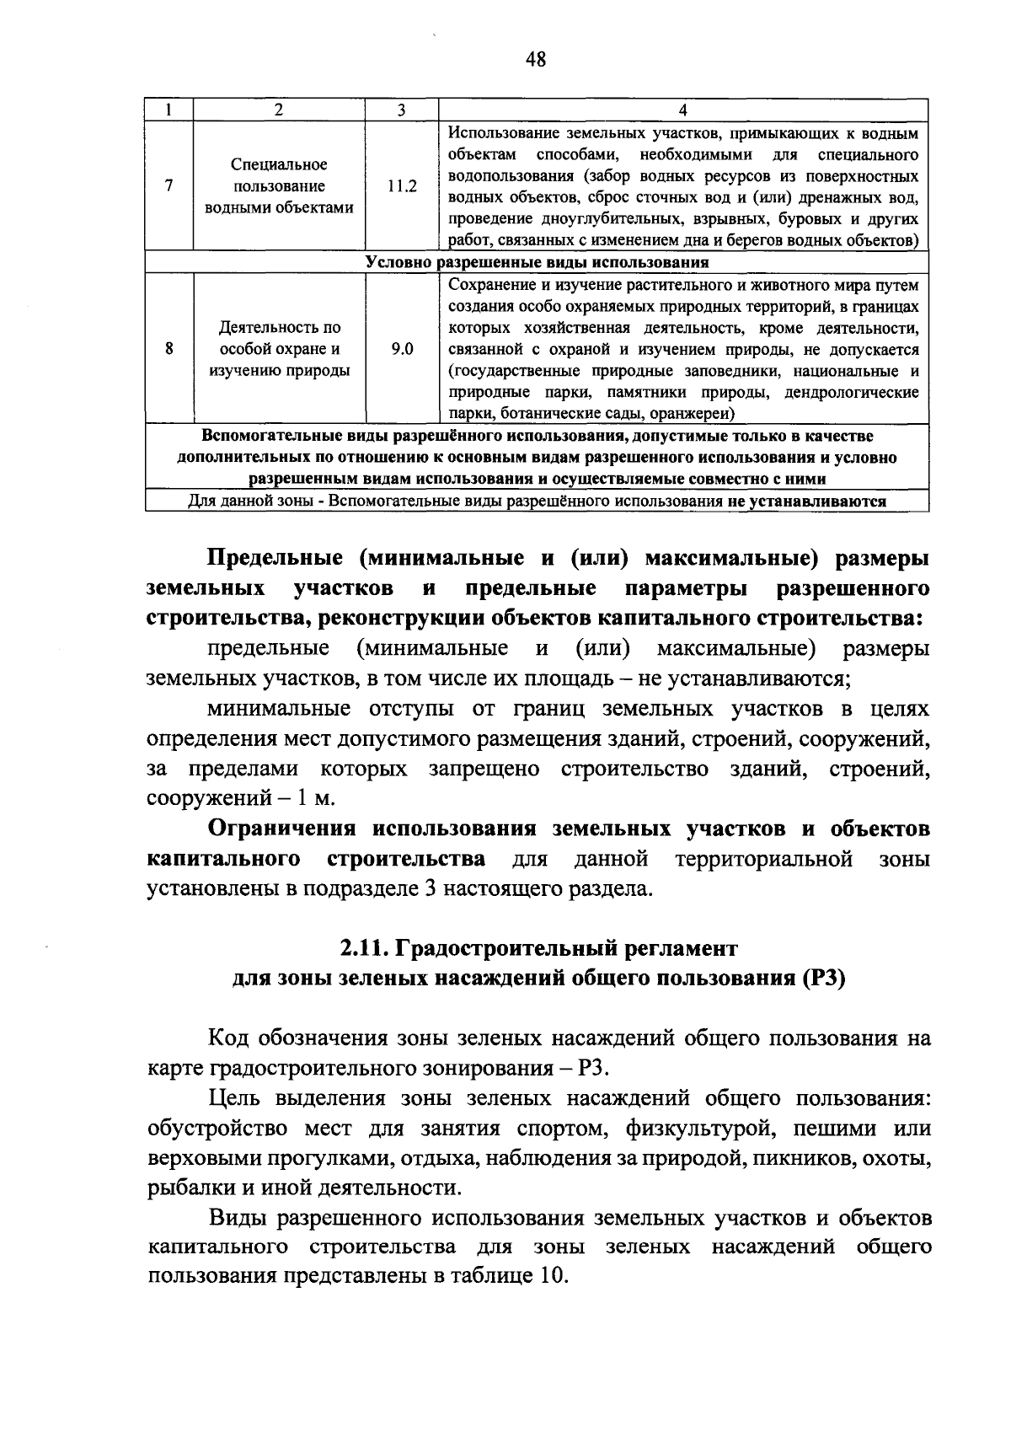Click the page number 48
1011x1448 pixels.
point(535,59)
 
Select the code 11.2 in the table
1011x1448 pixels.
point(402,187)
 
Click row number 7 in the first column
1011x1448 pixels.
point(169,187)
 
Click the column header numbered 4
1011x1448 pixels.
point(682,110)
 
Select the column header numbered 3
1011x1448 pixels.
point(401,110)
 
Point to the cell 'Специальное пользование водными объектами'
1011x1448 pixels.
point(279,187)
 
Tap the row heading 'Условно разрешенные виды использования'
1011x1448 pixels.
point(537,262)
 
